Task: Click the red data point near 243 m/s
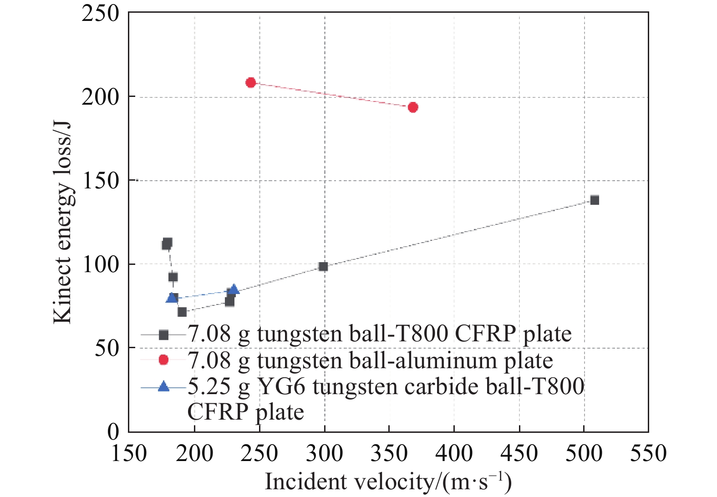pos(250,82)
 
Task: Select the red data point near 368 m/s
pos(413,107)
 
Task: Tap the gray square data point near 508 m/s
pos(595,200)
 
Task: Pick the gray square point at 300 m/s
pos(323,266)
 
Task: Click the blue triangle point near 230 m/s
pos(234,290)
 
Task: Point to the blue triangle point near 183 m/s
pos(172,298)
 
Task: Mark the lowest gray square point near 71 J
pos(182,312)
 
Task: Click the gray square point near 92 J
pos(173,277)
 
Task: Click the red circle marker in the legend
pos(163,360)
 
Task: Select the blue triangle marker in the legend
pos(163,387)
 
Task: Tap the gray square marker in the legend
pos(163,335)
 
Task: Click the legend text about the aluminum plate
pos(370,361)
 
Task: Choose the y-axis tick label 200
pos(100,97)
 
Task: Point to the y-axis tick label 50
pos(107,348)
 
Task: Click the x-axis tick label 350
pos(389,453)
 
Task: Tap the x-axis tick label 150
pos(129,453)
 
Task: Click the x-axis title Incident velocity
pos(388,482)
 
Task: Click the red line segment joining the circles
pos(331,95)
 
